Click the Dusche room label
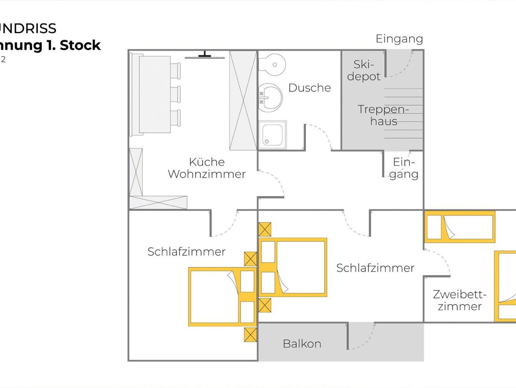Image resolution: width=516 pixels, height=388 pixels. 309,88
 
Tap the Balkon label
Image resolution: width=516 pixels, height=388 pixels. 302,344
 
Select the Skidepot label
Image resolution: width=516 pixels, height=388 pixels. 364,70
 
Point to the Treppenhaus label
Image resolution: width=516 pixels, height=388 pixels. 383,115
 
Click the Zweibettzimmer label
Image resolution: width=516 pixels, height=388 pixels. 460,300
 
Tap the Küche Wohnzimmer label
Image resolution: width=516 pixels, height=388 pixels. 207,168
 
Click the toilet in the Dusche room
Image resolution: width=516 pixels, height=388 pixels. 272,65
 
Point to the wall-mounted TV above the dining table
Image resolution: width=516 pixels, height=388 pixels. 205,56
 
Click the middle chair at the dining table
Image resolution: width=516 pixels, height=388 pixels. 175,94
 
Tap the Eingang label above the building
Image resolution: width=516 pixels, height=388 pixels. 399,39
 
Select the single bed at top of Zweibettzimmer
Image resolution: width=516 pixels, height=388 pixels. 460,227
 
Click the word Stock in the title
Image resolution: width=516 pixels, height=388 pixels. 80,45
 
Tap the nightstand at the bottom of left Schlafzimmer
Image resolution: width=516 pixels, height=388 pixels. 250,335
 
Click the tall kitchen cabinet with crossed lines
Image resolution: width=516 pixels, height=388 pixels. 243,100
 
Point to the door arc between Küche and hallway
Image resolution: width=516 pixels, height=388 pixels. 275,182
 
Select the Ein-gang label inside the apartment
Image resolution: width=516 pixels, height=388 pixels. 404,168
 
